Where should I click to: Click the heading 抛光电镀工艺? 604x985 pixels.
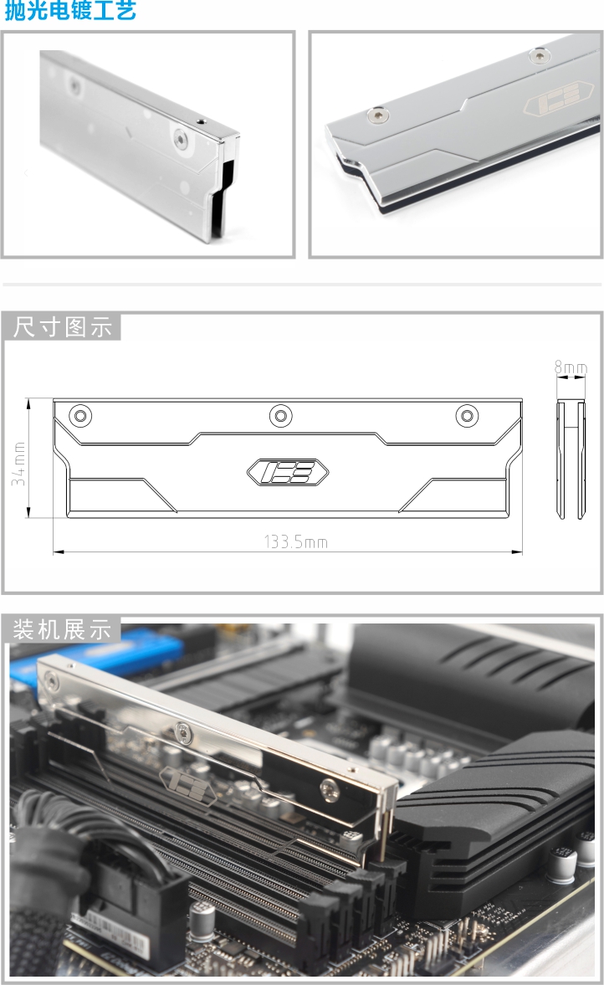coord(70,12)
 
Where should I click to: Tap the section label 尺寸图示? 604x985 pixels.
coord(63,327)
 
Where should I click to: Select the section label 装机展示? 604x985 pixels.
coord(63,629)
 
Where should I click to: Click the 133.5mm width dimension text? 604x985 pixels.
coord(296,542)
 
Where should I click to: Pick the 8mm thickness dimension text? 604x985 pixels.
coord(571,367)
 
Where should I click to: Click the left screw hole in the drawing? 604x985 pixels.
coord(80,415)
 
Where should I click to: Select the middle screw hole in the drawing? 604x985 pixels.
coord(279,415)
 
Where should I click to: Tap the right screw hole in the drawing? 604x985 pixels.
coord(465,415)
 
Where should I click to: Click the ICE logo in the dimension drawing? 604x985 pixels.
coord(288,473)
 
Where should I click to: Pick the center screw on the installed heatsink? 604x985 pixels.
coord(182,731)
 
